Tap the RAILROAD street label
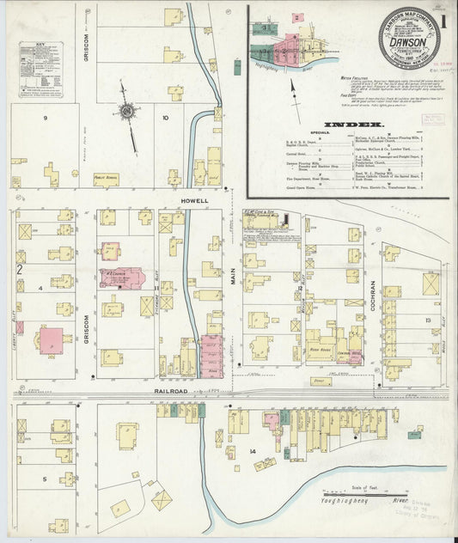tap(172, 391)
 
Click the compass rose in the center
tap(126, 112)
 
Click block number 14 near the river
tap(253, 450)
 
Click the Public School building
tap(106, 180)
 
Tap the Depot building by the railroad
tap(321, 380)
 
